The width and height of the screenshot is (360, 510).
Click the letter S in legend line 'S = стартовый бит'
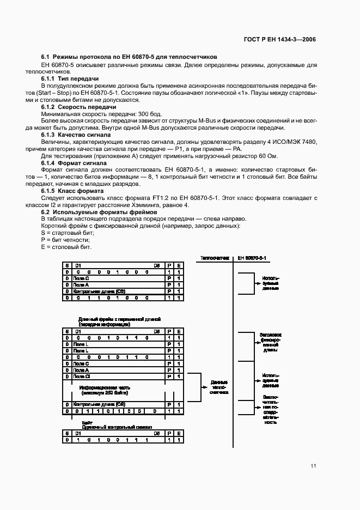[x=43, y=233]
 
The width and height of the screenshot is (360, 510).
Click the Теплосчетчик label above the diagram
[x=215, y=257]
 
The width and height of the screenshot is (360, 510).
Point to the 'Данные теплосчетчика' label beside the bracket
[x=218, y=387]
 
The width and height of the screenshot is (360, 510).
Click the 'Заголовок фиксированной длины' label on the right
[x=270, y=342]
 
